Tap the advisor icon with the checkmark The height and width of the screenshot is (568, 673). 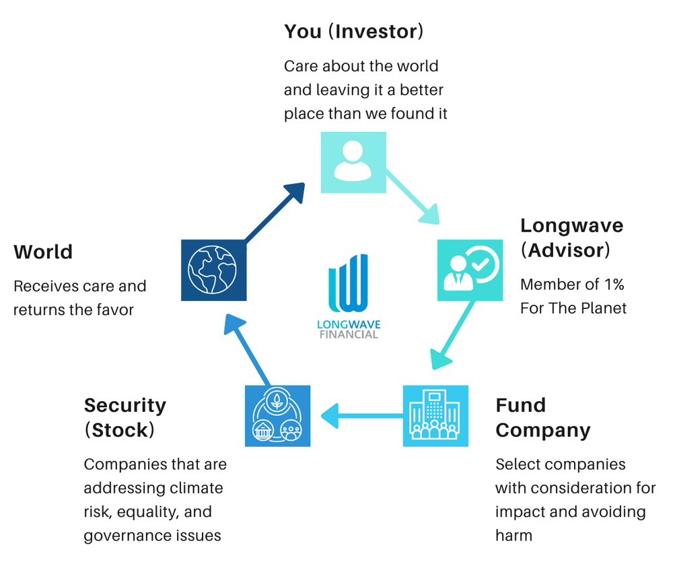(470, 270)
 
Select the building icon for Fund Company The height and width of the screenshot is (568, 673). (435, 416)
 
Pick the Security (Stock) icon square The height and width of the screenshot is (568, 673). (277, 416)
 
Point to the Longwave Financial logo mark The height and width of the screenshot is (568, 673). (349, 282)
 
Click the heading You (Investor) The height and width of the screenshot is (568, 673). (353, 31)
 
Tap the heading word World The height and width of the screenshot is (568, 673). (43, 252)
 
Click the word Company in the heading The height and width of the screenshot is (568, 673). (542, 430)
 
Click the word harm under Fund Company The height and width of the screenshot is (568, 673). (513, 536)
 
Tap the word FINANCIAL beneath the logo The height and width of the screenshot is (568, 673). (349, 334)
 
